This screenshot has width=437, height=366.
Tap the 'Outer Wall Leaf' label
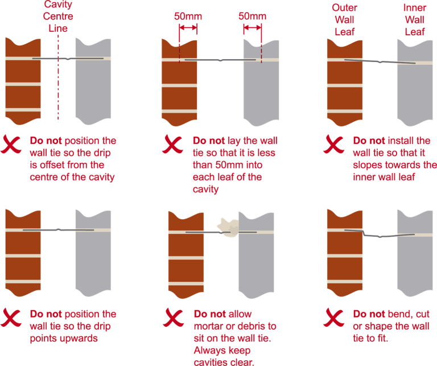click(x=345, y=20)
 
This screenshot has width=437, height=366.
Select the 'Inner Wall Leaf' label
click(x=414, y=20)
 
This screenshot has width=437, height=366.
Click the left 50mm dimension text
click(x=188, y=16)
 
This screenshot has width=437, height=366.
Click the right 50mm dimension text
click(x=252, y=16)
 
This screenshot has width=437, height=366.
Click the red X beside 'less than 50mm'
click(x=173, y=143)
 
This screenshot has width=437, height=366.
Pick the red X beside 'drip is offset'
click(x=13, y=143)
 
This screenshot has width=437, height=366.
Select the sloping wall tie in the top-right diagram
click(x=379, y=61)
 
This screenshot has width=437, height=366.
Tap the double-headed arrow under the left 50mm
click(x=188, y=27)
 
